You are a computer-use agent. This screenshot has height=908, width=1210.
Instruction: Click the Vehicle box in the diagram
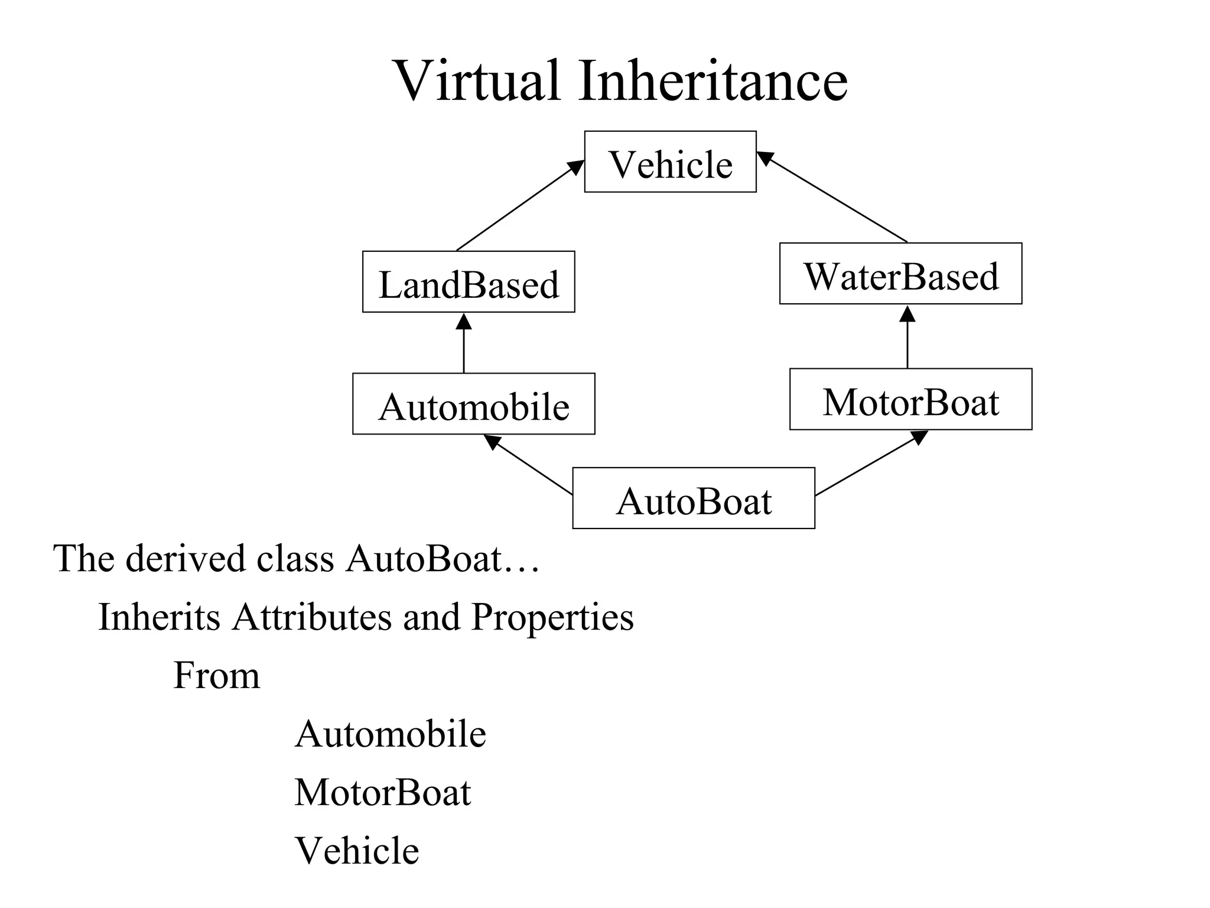pos(670,162)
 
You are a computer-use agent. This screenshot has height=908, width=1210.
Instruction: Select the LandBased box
pos(468,282)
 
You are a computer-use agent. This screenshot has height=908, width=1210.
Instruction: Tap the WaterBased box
pos(900,274)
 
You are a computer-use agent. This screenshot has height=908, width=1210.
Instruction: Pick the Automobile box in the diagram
pos(473,404)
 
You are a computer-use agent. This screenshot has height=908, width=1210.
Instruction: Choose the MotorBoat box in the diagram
pos(910,399)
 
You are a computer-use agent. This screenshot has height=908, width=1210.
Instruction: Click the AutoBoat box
pos(693,498)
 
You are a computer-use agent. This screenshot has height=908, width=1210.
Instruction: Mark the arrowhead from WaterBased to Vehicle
pos(765,158)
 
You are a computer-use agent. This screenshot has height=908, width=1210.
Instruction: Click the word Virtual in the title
pos(477,81)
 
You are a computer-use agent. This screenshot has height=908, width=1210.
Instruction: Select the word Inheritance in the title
pos(713,81)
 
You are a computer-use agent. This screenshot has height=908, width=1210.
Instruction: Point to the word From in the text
pos(216,675)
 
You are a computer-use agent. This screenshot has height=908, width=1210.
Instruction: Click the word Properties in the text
pos(552,617)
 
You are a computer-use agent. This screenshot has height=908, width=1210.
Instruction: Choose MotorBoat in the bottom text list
pos(382,792)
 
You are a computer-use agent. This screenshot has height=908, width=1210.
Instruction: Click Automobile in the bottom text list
pos(390,734)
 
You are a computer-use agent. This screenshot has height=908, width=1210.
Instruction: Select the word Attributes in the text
pos(311,617)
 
